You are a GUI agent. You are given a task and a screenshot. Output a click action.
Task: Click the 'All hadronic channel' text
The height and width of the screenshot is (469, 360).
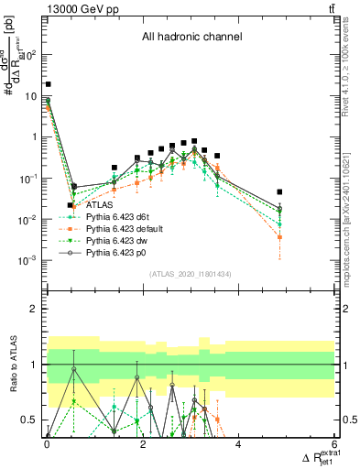tap(191, 38)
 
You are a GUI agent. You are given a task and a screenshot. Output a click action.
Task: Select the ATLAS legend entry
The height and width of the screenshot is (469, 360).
tap(99, 205)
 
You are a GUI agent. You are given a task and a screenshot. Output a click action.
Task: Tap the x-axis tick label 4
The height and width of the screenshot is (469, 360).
tap(238, 446)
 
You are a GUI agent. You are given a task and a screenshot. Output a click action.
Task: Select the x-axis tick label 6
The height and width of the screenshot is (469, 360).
tap(334, 446)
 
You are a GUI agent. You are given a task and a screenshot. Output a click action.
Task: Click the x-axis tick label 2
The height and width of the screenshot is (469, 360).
tap(143, 446)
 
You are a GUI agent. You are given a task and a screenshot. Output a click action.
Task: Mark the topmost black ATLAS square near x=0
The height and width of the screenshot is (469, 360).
tap(48, 84)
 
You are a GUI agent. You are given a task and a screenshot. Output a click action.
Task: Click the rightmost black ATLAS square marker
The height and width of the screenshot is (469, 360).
tap(279, 192)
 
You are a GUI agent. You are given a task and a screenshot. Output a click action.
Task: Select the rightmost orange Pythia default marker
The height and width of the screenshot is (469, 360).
tap(279, 237)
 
